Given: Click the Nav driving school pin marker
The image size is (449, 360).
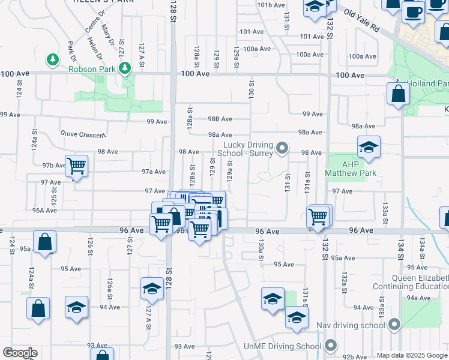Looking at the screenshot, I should coord(394,325).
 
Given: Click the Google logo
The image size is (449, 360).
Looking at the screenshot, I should coord(20,353).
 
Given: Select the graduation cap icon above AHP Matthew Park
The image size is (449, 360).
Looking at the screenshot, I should coord(369,146).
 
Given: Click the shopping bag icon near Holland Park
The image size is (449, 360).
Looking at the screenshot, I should coord(399,94).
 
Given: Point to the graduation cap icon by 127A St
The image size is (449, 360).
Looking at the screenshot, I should coord(152,289).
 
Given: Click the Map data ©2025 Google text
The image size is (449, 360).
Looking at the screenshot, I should coord(412,355).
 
